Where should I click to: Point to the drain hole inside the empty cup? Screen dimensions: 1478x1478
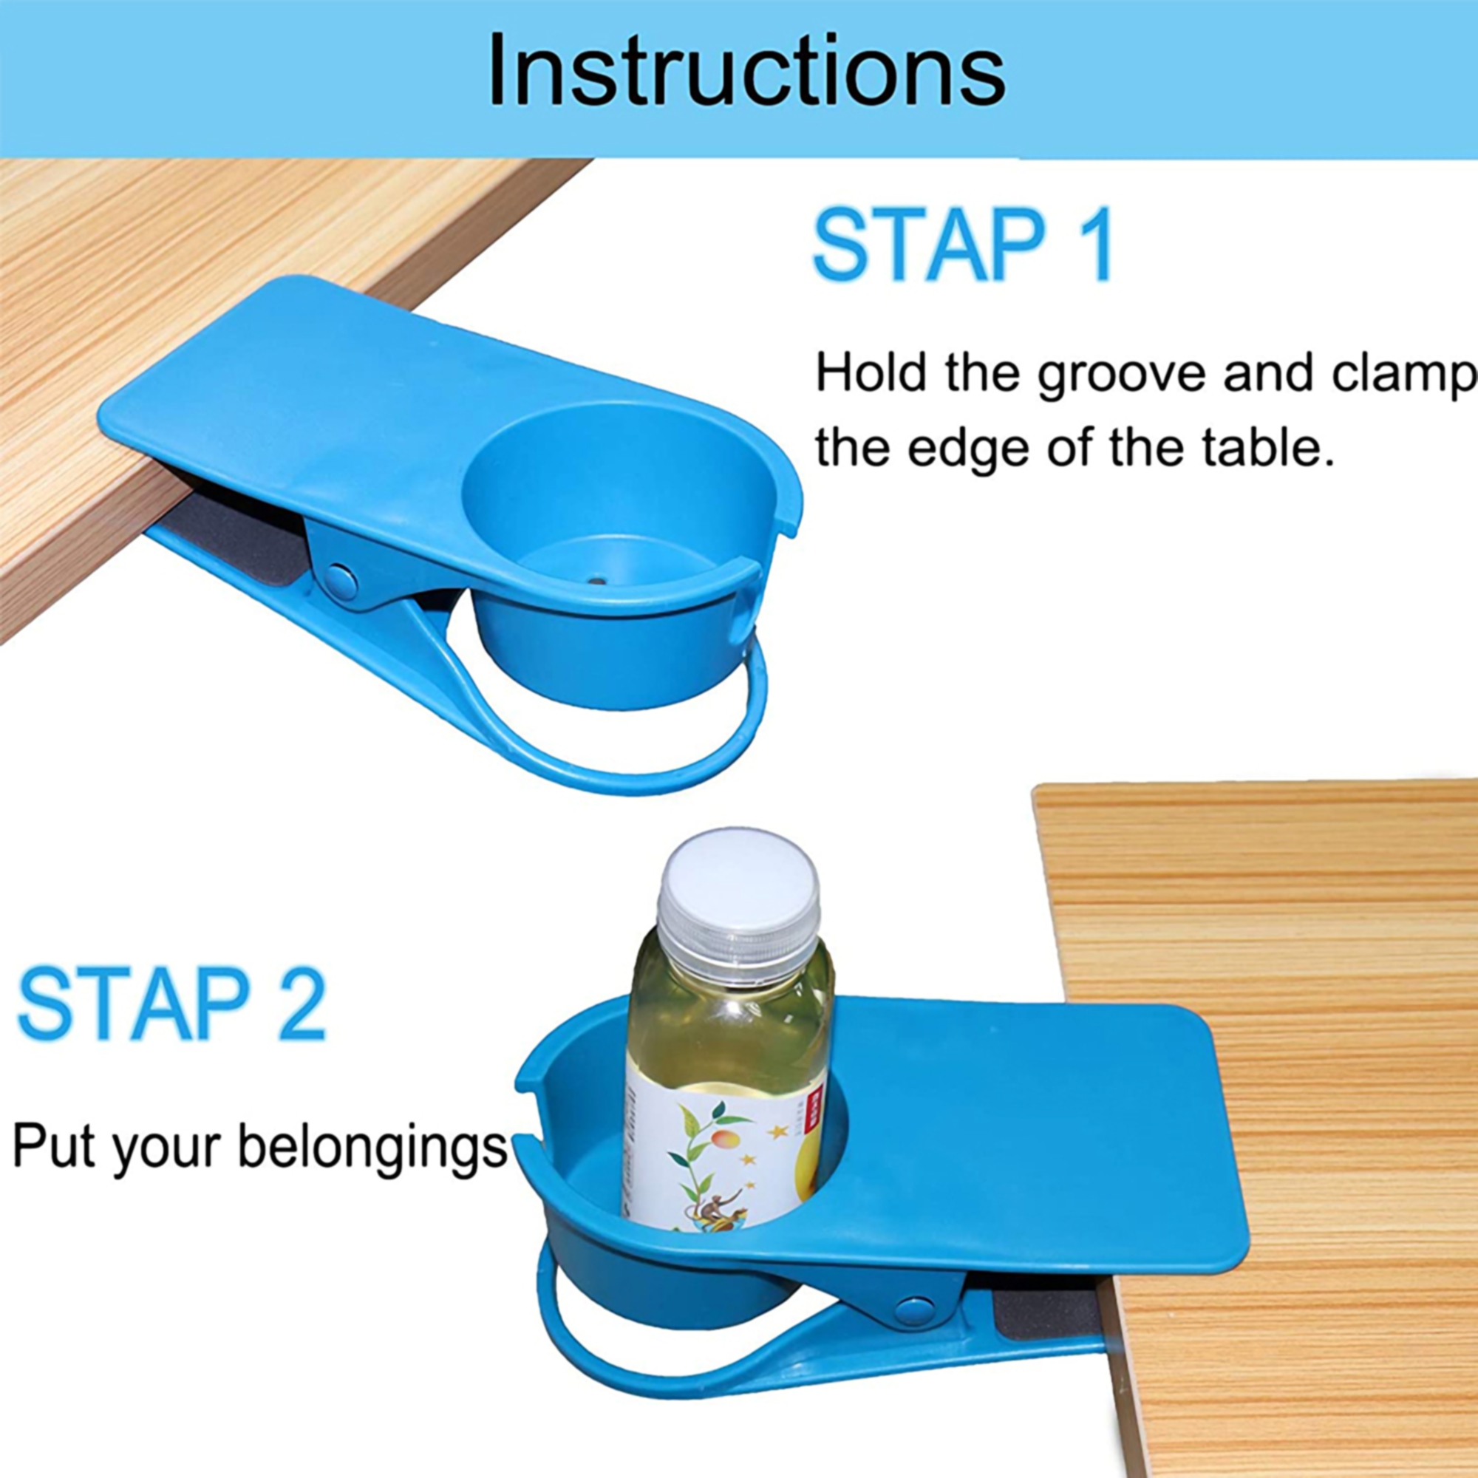pos(596,581)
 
